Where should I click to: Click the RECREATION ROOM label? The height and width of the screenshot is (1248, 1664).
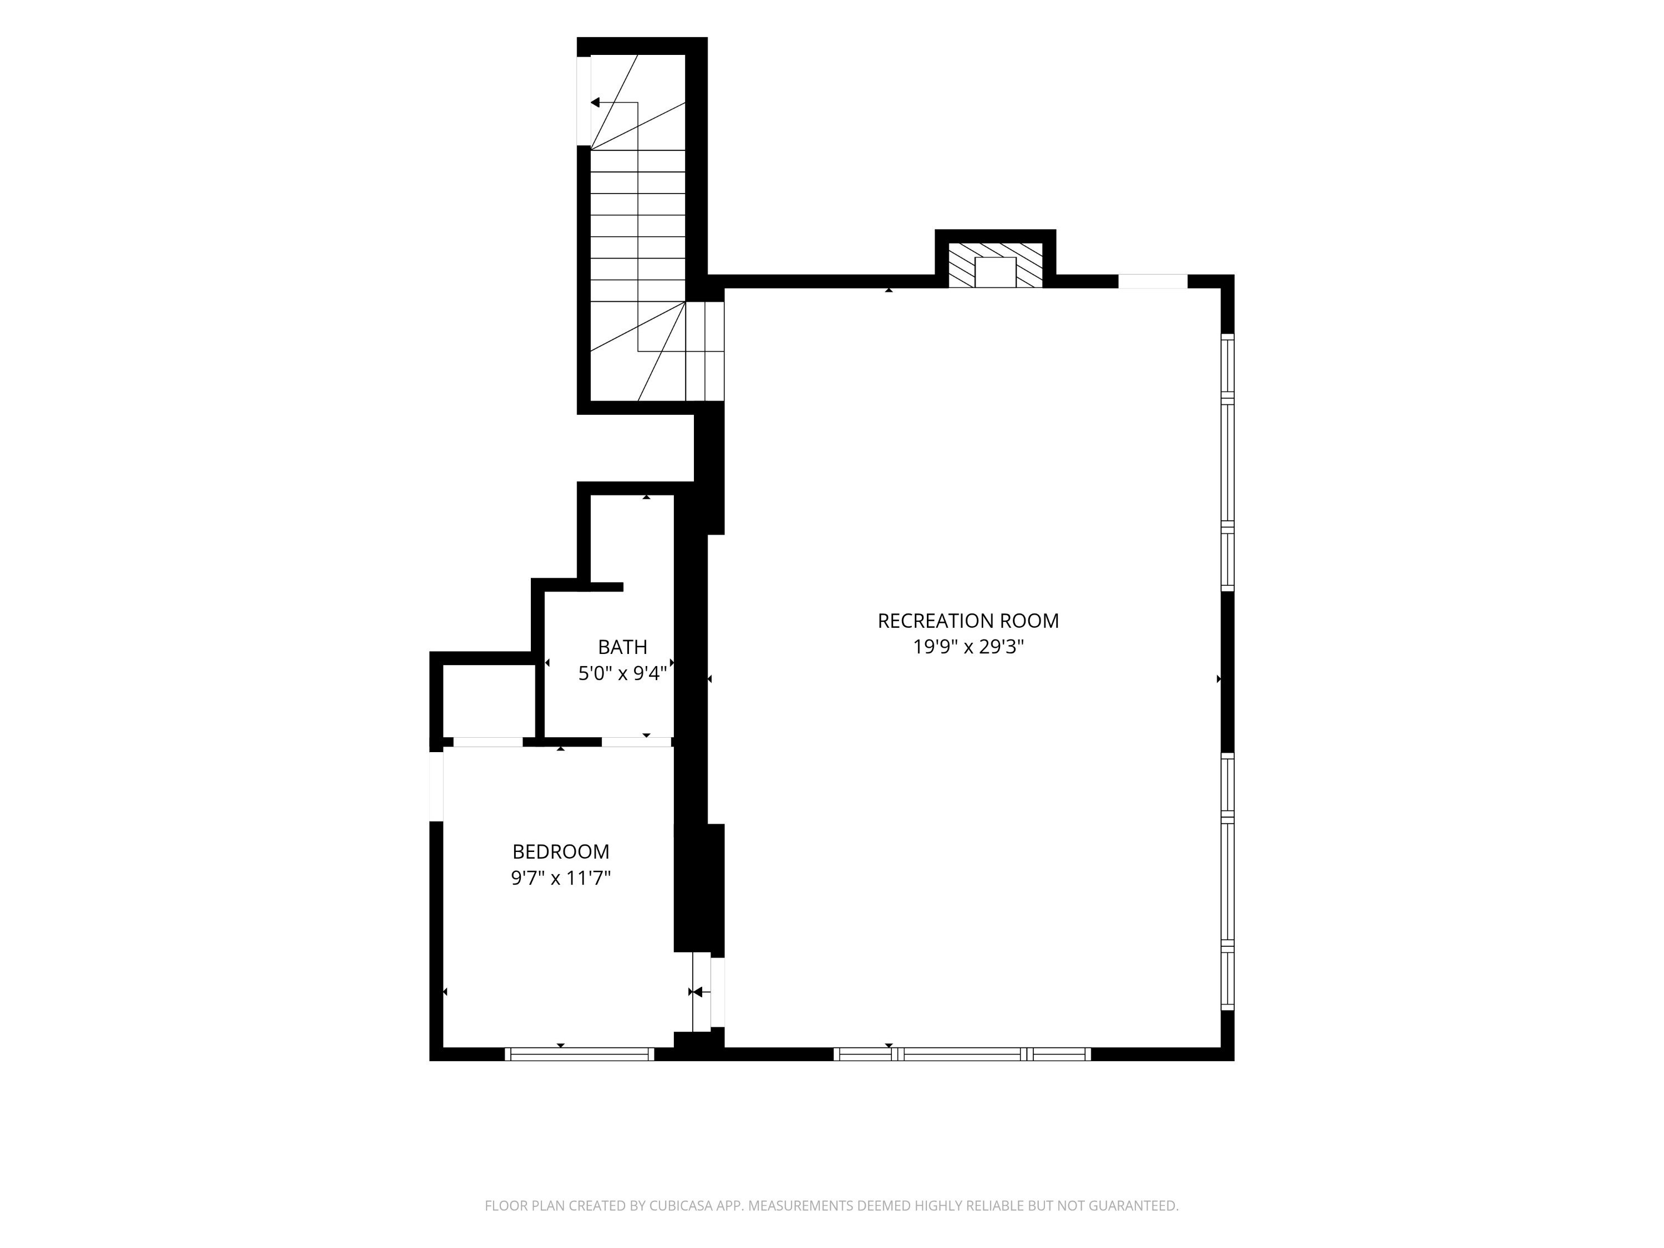point(968,621)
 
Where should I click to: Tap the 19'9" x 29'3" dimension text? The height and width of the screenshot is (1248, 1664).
point(968,647)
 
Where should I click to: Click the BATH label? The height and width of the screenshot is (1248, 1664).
point(623,647)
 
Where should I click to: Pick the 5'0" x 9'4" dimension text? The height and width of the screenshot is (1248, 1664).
point(623,673)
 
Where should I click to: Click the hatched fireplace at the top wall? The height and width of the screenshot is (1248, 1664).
point(995,265)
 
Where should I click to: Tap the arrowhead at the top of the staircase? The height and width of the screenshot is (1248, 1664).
point(594,102)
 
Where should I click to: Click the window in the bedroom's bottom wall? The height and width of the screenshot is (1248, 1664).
point(579,1054)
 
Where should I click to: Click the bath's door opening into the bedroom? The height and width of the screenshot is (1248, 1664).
point(636,742)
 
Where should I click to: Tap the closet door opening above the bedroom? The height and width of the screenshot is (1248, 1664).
point(488,742)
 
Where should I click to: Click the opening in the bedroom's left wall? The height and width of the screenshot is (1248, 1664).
point(437,786)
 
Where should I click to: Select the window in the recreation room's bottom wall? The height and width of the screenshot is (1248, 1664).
point(962,1054)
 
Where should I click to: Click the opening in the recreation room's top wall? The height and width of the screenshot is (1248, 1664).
point(1153,281)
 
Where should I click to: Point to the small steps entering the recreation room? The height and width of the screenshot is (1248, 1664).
point(705,351)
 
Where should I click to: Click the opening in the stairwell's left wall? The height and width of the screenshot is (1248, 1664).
point(584,101)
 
